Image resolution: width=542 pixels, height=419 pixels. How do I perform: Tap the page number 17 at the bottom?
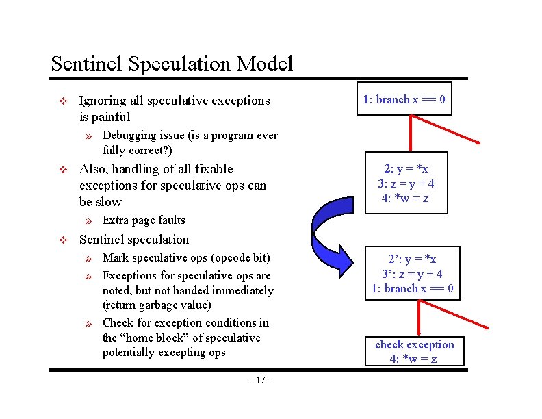pos(261,381)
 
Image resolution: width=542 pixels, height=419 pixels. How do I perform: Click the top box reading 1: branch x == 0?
pos(404,100)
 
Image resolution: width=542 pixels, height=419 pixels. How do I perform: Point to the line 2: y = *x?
pos(406,169)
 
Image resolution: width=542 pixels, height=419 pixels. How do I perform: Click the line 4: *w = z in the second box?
pos(406,199)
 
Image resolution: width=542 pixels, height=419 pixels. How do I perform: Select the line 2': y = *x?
pos(412,259)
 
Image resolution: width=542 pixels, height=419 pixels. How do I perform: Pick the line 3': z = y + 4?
pos(412,274)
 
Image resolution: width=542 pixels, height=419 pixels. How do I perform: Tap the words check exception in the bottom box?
pos(414,344)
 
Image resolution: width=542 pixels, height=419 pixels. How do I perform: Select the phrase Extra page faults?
pos(144,220)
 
